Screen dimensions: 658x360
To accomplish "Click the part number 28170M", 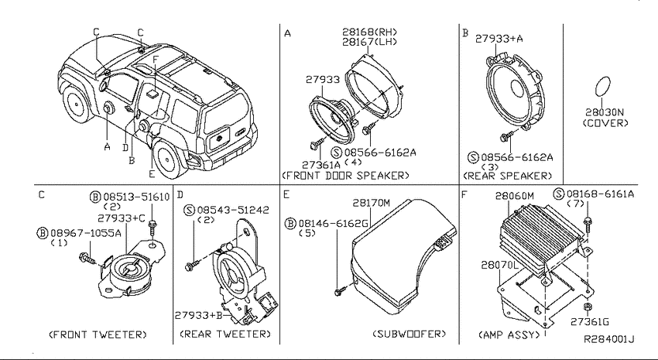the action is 371,203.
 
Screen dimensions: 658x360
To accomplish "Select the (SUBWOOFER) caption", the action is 410,334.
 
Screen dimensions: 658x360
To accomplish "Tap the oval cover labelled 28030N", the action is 602,87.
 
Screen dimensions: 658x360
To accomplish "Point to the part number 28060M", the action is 515,196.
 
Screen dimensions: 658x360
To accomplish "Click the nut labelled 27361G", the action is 588,307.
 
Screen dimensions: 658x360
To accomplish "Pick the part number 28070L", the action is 500,266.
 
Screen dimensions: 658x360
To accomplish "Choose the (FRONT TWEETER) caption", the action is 98,334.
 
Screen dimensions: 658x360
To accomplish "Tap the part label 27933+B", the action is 198,315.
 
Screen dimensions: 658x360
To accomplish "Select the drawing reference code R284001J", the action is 609,338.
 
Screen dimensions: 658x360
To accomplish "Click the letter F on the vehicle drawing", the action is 155,60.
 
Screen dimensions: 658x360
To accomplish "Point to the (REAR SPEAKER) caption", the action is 507,176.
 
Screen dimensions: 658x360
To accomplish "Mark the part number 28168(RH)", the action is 369,32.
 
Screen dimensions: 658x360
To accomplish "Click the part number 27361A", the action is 321,165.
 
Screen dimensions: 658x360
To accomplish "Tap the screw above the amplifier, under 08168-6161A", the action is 587,222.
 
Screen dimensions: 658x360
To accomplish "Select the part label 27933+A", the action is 499,39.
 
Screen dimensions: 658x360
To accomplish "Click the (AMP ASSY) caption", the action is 509,334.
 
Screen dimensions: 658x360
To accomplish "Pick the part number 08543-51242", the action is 233,210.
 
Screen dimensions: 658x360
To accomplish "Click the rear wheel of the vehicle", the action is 170,159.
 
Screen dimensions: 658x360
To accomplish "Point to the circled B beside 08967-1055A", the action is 43,233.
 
